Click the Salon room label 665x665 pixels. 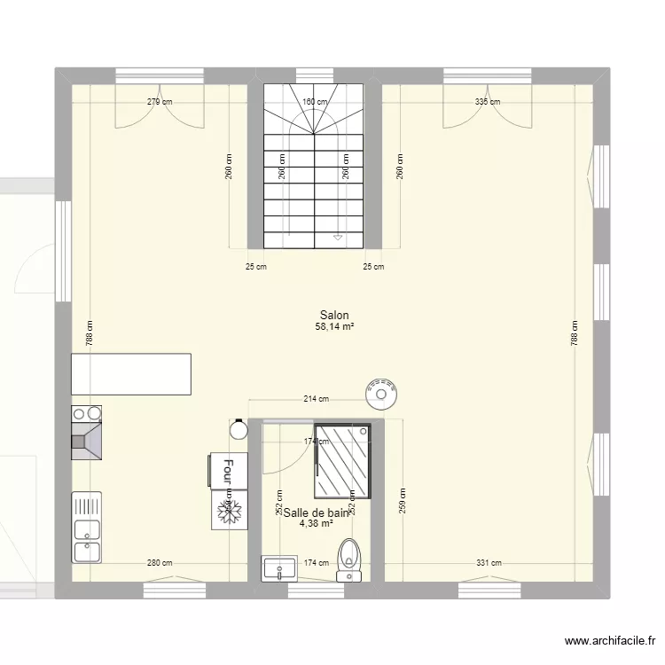pos(334,315)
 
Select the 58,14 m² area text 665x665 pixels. pos(334,327)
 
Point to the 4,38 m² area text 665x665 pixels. pos(317,524)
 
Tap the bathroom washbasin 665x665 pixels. pos(279,569)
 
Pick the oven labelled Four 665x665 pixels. pos(226,470)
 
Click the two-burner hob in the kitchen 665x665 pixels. pos(86,413)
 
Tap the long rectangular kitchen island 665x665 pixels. pos(130,373)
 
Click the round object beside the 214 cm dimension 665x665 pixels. pos(381,393)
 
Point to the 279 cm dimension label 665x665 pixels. pos(160,102)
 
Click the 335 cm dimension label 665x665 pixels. pos(487,102)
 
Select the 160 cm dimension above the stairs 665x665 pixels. pos(314,102)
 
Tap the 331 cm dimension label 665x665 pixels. pos(489,563)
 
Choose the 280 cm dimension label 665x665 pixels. pos(160,563)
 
